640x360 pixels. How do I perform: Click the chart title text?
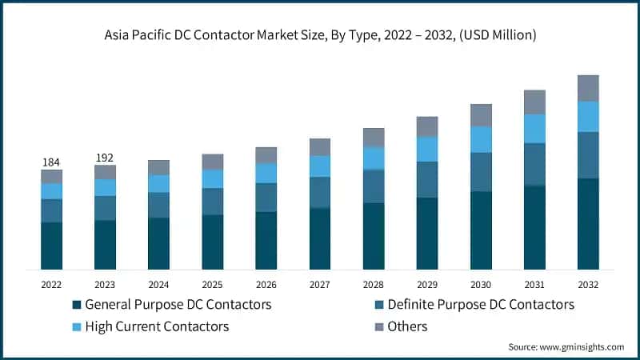(x=320, y=34)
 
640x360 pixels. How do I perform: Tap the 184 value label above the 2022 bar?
(x=51, y=162)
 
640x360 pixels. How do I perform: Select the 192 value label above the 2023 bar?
(x=105, y=158)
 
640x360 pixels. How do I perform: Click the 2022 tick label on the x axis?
(x=51, y=283)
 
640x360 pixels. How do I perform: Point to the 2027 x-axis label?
(x=320, y=283)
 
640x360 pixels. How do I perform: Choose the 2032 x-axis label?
(x=588, y=283)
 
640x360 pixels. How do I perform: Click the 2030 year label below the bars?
(x=481, y=283)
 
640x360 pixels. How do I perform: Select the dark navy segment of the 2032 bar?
(x=588, y=223)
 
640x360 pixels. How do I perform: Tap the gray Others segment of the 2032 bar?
(x=588, y=88)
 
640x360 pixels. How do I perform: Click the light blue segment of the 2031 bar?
(x=534, y=128)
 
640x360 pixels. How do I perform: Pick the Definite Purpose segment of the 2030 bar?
(x=481, y=172)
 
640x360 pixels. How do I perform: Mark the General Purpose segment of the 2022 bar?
(x=51, y=246)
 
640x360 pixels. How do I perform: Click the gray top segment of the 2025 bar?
(x=212, y=162)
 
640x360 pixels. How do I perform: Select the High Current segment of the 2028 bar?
(x=374, y=158)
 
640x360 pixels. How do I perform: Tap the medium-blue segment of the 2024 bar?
(x=158, y=205)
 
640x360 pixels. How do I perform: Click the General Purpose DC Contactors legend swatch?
(x=77, y=305)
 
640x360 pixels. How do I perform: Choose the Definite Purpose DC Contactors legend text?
(x=480, y=305)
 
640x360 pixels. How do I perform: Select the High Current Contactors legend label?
(x=157, y=326)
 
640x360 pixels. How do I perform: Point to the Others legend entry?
(x=407, y=326)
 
